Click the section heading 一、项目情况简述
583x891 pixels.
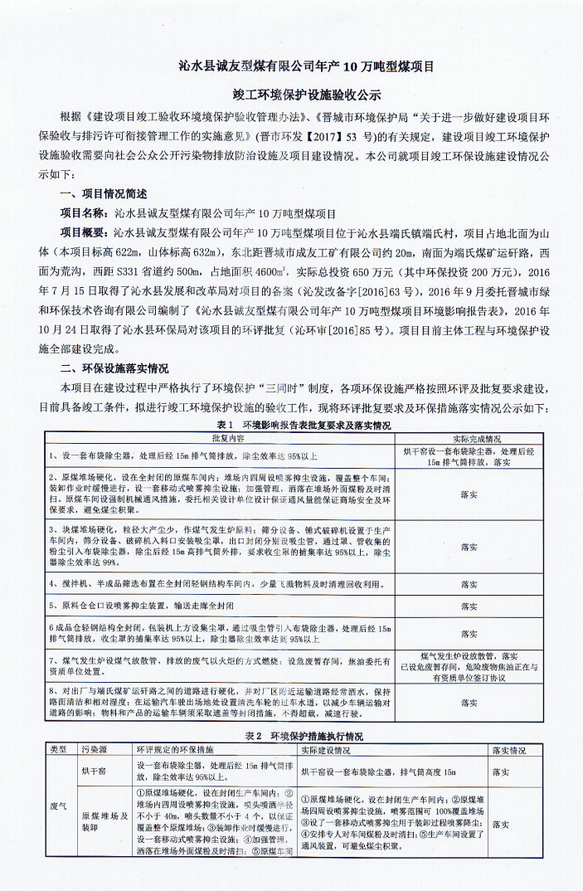coord(104,194)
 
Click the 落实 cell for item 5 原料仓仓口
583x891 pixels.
coord(469,606)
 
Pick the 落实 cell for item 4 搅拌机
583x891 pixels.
coord(469,584)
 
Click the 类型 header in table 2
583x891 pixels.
coord(58,749)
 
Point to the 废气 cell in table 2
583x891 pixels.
coord(58,805)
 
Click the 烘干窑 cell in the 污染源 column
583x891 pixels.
coord(93,771)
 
